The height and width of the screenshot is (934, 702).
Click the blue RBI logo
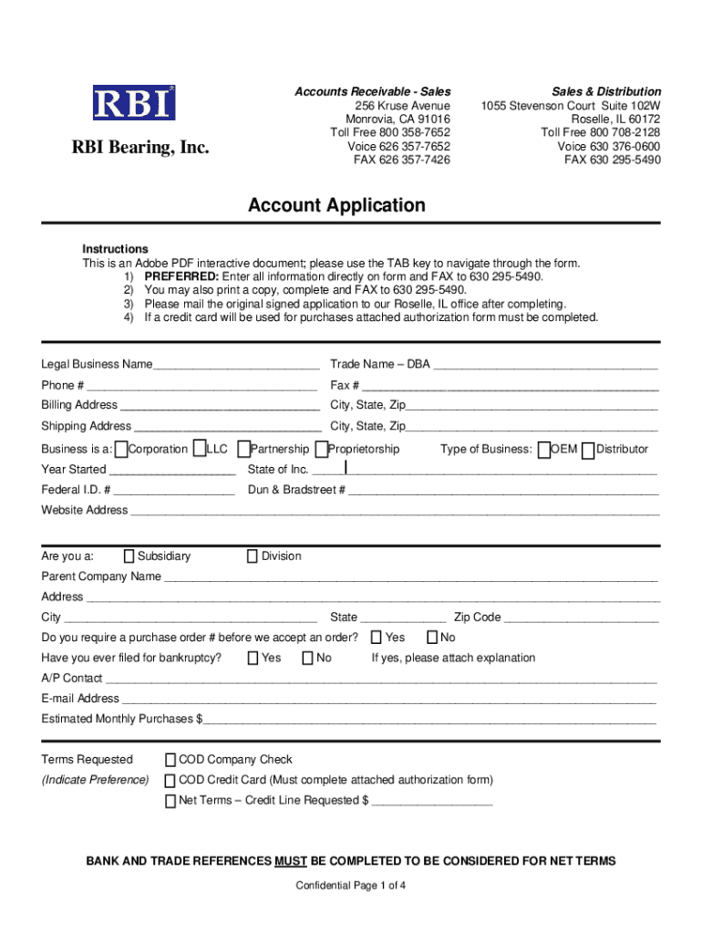[x=133, y=102]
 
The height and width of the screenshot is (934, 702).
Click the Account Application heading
[x=336, y=205]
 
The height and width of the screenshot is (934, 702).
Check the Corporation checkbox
[x=121, y=449]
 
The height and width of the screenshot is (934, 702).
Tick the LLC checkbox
[x=200, y=449]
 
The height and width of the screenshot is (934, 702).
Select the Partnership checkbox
[x=243, y=449]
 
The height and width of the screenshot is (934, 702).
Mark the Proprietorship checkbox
[x=321, y=449]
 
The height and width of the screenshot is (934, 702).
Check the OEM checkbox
[x=544, y=449]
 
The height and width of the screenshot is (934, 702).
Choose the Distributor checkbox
[x=588, y=449]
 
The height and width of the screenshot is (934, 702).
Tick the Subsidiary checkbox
[x=129, y=556]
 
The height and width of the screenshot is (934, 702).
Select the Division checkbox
[x=253, y=556]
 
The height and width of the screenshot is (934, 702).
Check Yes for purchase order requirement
[x=377, y=638]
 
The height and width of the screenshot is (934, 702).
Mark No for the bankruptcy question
[x=308, y=658]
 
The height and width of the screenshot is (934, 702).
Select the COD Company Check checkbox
[x=170, y=760]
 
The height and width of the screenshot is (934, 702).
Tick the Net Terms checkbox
[x=170, y=801]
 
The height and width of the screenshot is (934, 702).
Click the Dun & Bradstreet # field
[x=501, y=490]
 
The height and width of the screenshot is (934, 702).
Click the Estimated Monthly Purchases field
[x=428, y=720]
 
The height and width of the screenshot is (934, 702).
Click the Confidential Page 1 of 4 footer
[x=351, y=886]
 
